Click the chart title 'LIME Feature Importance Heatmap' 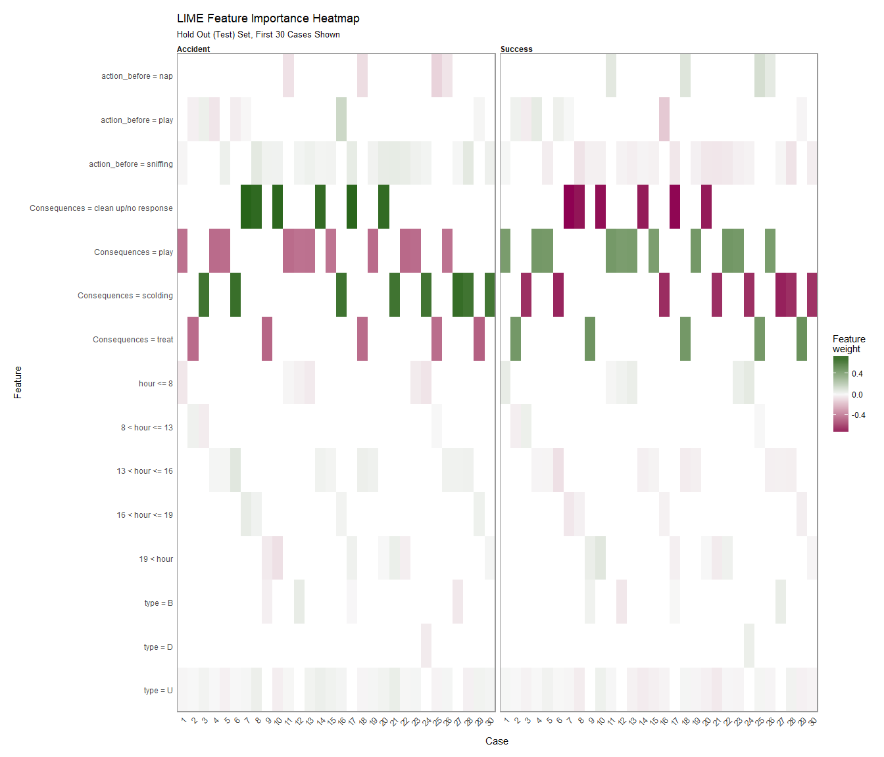268,18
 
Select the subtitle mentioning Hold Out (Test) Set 258,35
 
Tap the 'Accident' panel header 193,49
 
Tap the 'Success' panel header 516,49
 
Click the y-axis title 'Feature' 18,382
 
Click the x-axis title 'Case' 497,741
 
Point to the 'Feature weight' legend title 848,344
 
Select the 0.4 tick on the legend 857,373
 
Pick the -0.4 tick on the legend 858,415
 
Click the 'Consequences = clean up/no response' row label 101,208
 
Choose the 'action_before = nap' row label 137,76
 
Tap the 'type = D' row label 158,647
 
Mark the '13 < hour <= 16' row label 145,471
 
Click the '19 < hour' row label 156,559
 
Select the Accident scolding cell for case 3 204,295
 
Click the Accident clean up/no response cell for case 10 278,207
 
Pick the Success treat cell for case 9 590,339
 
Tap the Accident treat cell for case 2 193,339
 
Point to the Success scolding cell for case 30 812,295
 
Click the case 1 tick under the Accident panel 184,721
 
